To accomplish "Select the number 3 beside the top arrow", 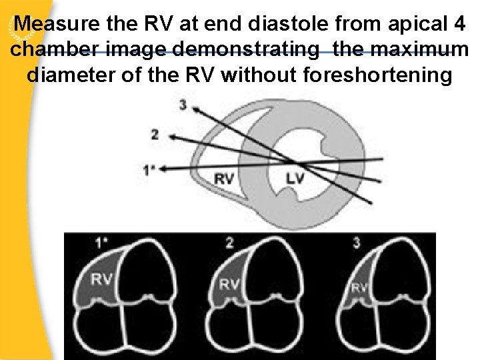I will coord(183,104).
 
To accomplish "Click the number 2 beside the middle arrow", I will coord(154,135).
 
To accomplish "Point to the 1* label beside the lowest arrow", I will coord(149,170).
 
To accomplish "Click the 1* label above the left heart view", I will coord(102,243).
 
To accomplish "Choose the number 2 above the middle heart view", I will coord(229,243).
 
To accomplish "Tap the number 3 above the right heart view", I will coord(357,243).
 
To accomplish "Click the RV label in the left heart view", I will coord(101,279).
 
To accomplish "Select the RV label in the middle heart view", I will coord(229,284).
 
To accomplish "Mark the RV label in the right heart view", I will coord(358,288).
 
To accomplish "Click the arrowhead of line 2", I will coord(171,137).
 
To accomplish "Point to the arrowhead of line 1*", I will coord(165,169).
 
